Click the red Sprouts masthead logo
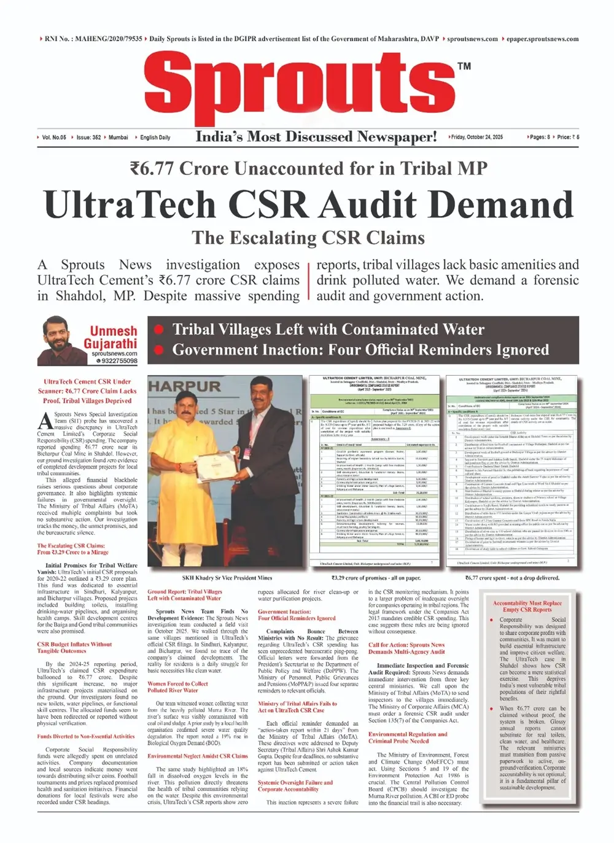pos(304,86)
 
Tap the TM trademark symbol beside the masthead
pos(464,66)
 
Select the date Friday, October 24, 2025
pos(477,137)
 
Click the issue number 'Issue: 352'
pos(88,138)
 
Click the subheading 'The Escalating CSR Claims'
pos(308,238)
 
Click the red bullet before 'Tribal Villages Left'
pos(159,330)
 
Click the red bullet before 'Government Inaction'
pos(159,350)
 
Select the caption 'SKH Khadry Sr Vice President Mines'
pos(227,578)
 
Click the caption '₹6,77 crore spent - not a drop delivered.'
pos(512,578)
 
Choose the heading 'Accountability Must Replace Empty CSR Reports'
pos(527,606)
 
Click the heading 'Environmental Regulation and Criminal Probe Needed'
pos(407,737)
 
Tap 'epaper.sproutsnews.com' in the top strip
pos(542,39)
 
